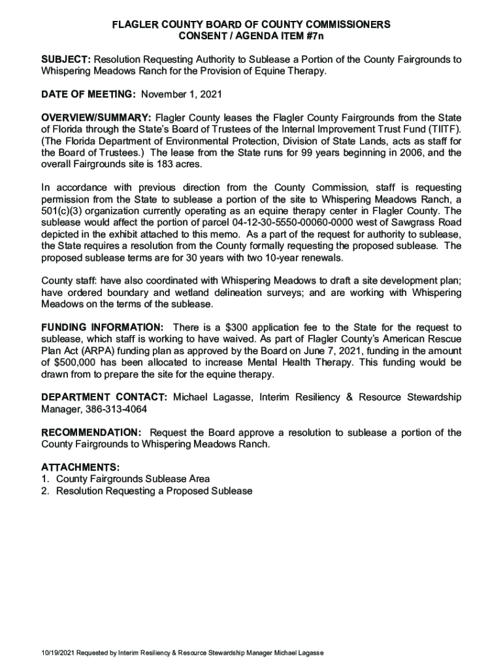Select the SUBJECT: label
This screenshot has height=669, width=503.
pyautogui.click(x=65, y=59)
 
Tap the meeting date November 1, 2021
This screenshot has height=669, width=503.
pyautogui.click(x=182, y=94)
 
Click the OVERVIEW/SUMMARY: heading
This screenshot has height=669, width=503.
pyautogui.click(x=97, y=118)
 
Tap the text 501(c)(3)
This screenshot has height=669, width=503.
pyautogui.click(x=63, y=212)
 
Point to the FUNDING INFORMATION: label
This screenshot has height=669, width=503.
pyautogui.click(x=103, y=327)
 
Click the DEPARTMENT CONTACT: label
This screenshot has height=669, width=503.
pyautogui.click(x=105, y=398)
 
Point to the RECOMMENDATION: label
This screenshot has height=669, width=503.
pyautogui.click(x=91, y=433)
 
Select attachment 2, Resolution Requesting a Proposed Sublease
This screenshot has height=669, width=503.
pyautogui.click(x=154, y=491)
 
